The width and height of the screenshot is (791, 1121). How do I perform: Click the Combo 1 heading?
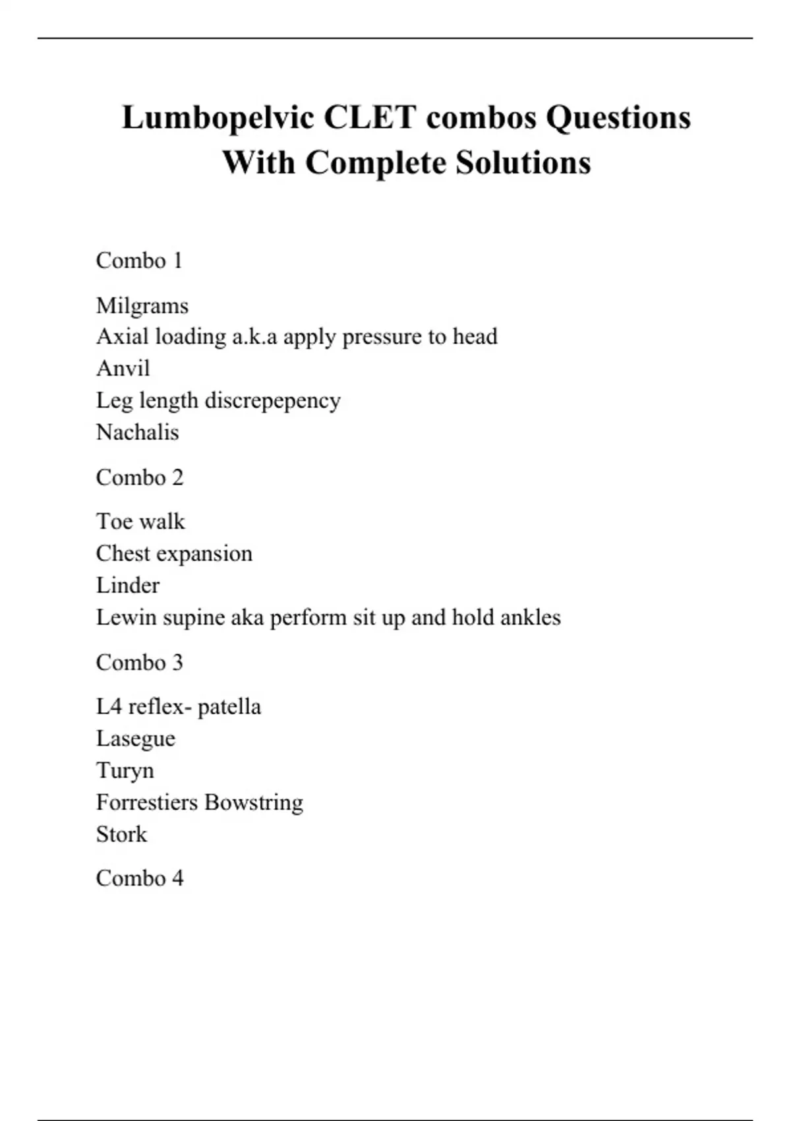139,260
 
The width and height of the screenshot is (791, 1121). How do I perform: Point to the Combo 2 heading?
139,477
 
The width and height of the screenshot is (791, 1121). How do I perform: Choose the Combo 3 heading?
139,662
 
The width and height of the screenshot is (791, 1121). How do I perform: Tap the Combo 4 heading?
139,878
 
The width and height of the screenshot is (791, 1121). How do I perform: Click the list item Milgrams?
142,306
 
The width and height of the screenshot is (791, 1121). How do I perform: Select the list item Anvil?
123,368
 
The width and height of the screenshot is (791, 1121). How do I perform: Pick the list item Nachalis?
138,433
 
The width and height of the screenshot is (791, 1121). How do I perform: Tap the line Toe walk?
140,522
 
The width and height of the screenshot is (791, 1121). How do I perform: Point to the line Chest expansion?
174,554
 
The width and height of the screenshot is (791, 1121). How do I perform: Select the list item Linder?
128,586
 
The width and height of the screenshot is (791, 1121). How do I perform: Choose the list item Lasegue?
136,739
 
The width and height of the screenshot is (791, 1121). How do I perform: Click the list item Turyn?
125,771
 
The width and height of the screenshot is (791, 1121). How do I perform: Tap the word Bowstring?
254,803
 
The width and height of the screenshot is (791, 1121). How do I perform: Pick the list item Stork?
122,834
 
